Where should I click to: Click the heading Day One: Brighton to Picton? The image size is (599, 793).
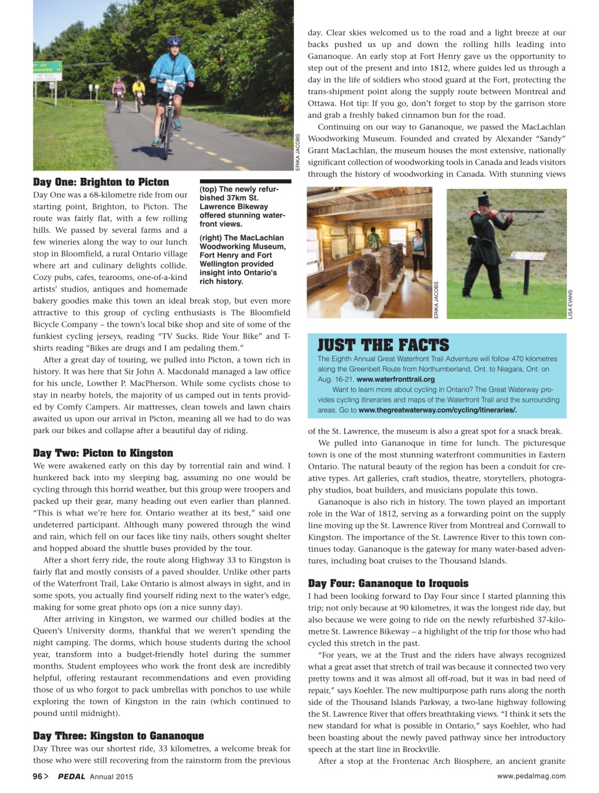click(x=101, y=182)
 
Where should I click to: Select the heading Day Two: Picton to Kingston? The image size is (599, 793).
click(x=103, y=453)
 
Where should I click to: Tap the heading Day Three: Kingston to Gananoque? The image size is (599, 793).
click(x=118, y=736)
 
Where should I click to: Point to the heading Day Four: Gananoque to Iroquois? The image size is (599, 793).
click(x=388, y=584)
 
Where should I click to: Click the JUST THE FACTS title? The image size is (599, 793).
click(x=383, y=346)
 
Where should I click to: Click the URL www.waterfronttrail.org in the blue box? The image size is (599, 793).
click(x=395, y=379)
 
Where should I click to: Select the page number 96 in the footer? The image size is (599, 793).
click(x=37, y=776)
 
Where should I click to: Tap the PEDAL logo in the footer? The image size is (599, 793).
click(x=71, y=776)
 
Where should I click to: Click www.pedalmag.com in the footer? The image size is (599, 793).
click(x=531, y=776)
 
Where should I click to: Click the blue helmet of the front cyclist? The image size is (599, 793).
click(x=175, y=42)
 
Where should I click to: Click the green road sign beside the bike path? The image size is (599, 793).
click(x=47, y=70)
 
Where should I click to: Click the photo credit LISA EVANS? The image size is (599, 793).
click(x=570, y=304)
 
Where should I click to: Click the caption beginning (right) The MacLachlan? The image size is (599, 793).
click(x=242, y=259)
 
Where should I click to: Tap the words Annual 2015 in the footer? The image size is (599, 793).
click(x=111, y=776)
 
